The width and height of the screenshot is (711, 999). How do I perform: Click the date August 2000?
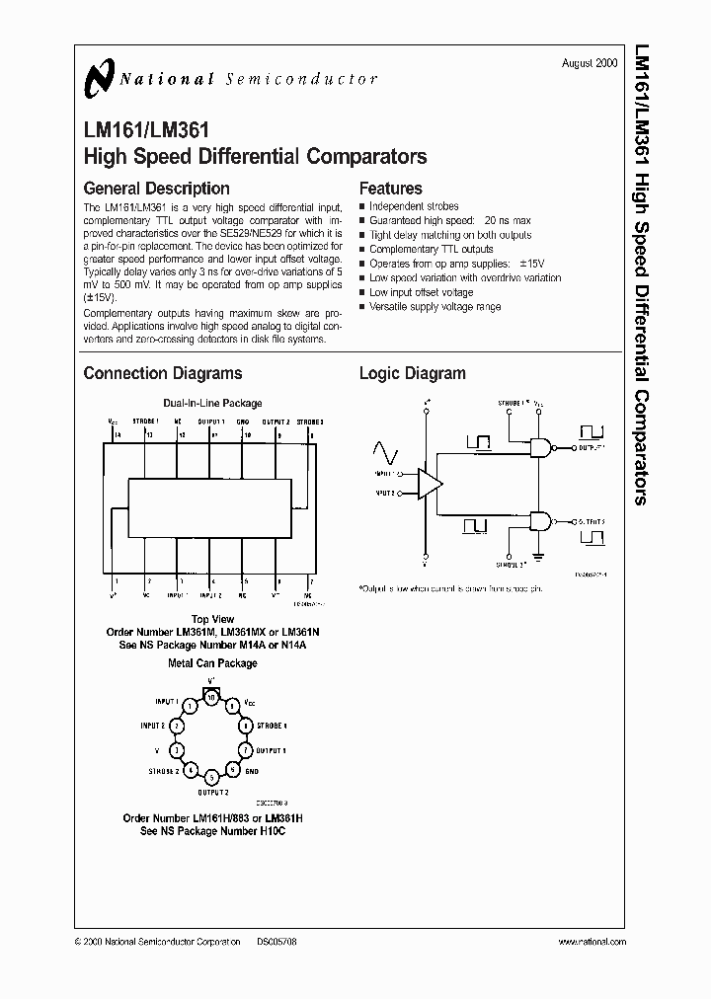click(x=590, y=62)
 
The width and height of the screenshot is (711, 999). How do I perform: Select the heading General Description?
click(x=156, y=188)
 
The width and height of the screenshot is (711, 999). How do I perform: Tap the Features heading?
click(x=390, y=188)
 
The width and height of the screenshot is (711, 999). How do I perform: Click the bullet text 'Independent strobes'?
click(x=415, y=206)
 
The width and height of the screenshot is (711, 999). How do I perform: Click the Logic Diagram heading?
click(x=412, y=373)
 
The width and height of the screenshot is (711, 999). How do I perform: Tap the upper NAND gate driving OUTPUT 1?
click(x=541, y=446)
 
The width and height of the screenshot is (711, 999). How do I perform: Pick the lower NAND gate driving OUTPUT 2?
click(x=541, y=520)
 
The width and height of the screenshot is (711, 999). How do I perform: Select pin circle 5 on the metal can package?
click(x=210, y=777)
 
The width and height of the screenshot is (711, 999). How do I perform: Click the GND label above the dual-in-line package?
click(x=244, y=422)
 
